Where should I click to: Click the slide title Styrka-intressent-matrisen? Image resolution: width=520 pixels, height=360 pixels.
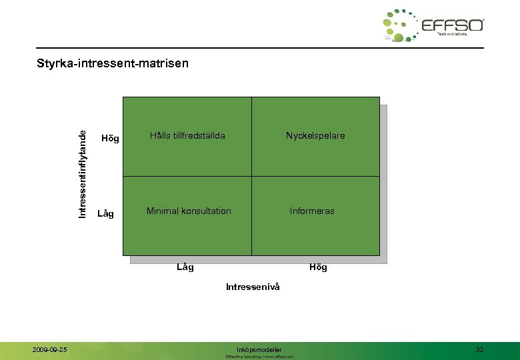113,63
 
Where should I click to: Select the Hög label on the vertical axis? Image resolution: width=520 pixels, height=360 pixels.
109,139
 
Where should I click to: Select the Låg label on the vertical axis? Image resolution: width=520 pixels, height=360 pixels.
105,214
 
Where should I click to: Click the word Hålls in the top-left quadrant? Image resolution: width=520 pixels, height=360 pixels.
141,135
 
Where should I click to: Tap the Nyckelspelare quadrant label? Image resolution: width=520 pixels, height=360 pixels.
315,135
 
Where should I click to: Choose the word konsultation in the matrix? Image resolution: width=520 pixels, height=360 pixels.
206,211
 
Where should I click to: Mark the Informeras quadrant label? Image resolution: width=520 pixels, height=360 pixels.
312,211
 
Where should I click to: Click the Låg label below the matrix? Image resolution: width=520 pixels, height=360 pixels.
185,267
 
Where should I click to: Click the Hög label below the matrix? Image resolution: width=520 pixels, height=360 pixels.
318,267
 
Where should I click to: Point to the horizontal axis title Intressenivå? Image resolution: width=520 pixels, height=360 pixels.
253,287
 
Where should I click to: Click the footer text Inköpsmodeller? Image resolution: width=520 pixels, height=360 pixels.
259,349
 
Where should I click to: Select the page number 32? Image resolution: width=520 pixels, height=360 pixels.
480,349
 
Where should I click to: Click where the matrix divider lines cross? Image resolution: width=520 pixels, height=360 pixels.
251,176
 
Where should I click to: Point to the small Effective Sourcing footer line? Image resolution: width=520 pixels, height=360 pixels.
259,357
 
